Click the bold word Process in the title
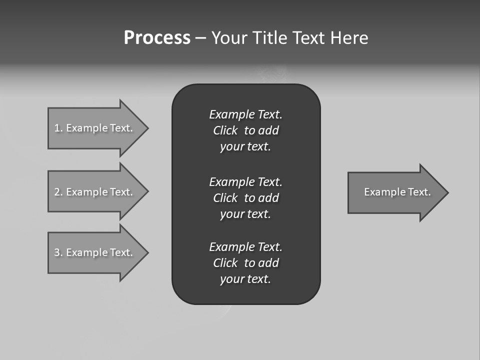pos(157,38)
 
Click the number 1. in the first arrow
pos(58,128)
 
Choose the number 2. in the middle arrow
pos(58,192)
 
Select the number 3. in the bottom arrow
pos(58,252)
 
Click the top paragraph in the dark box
pos(245,130)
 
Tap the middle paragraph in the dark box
pos(245,198)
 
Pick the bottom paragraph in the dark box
pos(245,263)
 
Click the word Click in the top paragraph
pos(225,130)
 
